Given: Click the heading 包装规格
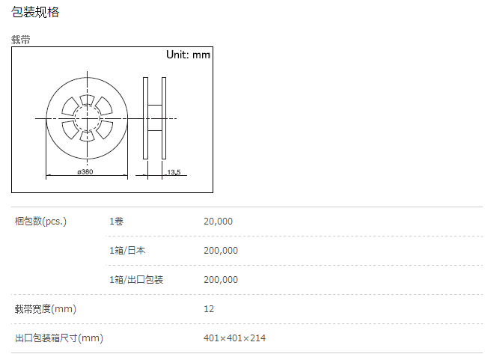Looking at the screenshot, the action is (35, 12).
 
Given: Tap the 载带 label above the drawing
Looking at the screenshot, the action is (21, 40).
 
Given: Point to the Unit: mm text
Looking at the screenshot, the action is (188, 55).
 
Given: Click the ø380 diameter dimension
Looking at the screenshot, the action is (85, 172).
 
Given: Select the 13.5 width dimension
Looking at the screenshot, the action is (174, 172).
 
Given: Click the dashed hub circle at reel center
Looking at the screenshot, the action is (75, 118).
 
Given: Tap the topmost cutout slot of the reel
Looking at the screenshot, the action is (87, 100).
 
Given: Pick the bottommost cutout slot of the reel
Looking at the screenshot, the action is (87, 136).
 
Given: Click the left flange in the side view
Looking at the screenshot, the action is (145, 118).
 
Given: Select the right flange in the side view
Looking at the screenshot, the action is (164, 118).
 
